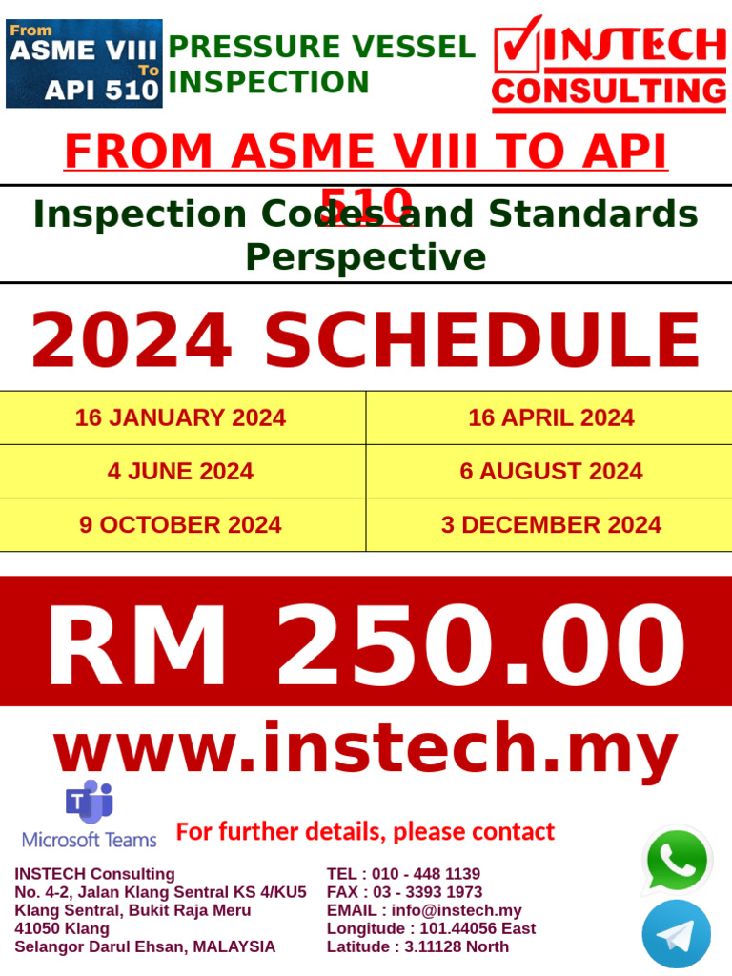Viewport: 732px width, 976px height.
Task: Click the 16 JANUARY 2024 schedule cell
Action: click(180, 417)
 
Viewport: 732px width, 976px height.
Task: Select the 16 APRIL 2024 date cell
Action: click(551, 417)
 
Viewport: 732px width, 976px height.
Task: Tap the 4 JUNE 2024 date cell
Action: click(180, 471)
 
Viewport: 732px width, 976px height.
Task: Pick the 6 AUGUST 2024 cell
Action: click(551, 471)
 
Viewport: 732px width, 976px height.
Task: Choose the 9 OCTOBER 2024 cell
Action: click(180, 524)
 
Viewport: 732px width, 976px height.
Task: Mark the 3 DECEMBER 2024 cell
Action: click(551, 524)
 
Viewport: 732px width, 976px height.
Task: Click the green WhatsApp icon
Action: click(677, 861)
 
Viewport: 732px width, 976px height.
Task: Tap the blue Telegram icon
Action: click(677, 934)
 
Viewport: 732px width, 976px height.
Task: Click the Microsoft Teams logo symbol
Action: click(89, 802)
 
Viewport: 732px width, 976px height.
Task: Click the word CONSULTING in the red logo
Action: click(609, 91)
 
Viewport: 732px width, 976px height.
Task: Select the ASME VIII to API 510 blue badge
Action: click(84, 63)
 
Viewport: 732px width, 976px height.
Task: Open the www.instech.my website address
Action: click(366, 750)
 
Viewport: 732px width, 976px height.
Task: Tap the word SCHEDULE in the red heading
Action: click(482, 341)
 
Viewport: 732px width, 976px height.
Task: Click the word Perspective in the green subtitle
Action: click(366, 257)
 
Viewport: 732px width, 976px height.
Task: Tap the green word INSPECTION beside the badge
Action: click(269, 83)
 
